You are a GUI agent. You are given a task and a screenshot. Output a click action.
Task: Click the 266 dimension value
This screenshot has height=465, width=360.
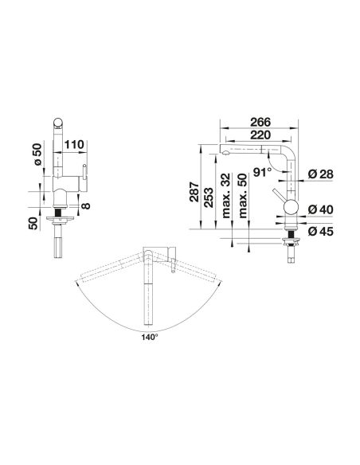(x=260, y=122)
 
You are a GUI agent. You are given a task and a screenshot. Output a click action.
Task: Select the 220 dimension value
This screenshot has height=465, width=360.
(x=260, y=135)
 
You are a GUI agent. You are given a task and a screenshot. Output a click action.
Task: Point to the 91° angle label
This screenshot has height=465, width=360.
(x=263, y=172)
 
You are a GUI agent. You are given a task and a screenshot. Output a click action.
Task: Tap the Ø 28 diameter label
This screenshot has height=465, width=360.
(x=320, y=174)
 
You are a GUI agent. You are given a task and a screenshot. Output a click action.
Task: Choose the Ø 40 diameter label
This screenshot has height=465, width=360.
(x=320, y=209)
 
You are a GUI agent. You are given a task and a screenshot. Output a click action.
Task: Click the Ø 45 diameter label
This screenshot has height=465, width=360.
(x=320, y=231)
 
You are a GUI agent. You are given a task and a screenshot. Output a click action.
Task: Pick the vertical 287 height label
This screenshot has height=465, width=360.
(x=194, y=192)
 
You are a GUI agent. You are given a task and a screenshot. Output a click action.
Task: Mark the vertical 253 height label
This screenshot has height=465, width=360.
(x=208, y=197)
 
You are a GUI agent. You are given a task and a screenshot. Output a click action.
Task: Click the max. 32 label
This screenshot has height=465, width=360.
(x=226, y=196)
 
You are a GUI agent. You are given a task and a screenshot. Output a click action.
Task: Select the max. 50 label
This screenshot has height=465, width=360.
(x=243, y=196)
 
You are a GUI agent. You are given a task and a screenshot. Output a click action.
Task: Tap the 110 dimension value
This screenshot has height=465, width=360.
(x=74, y=145)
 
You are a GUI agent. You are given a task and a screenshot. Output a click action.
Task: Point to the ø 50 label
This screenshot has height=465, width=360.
(x=37, y=154)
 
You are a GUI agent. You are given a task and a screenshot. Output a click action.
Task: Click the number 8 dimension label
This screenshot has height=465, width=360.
(x=86, y=205)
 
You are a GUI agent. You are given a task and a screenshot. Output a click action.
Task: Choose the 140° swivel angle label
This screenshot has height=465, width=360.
(x=150, y=337)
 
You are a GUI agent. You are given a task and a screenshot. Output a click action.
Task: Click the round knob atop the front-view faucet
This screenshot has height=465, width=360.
(x=58, y=123)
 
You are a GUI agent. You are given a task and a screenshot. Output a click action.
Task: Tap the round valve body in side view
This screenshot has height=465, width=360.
(x=291, y=207)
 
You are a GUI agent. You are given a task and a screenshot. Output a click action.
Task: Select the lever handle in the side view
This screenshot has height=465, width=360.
(x=278, y=195)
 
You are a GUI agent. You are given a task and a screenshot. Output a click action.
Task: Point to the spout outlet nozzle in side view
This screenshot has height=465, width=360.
(x=225, y=154)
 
